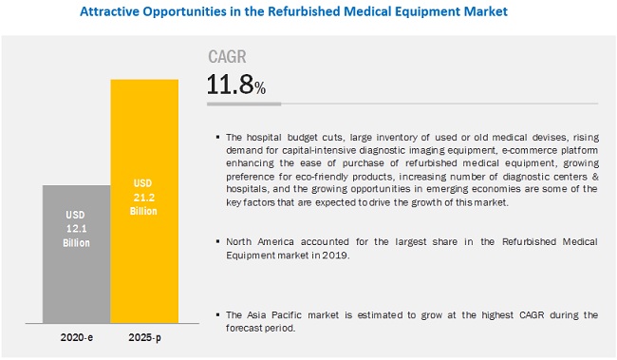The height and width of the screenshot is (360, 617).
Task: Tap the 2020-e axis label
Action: [x=76, y=338]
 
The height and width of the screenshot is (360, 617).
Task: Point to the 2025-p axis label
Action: [x=145, y=338]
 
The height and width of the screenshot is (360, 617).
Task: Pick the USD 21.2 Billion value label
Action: [x=145, y=195]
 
